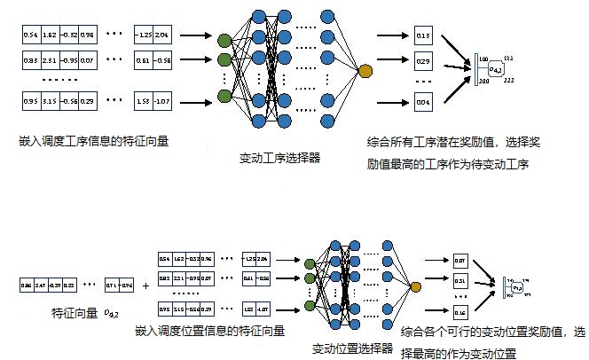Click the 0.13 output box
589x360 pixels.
pos(422,35)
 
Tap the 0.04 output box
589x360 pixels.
pos(422,104)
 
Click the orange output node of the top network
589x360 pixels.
pos(365,70)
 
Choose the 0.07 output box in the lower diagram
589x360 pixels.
pos(459,261)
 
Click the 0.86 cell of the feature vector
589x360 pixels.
pos(27,285)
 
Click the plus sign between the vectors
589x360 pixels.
pos(145,286)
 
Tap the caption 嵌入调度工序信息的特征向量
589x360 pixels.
pos(86,140)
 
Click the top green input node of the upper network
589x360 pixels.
pos(224,40)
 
